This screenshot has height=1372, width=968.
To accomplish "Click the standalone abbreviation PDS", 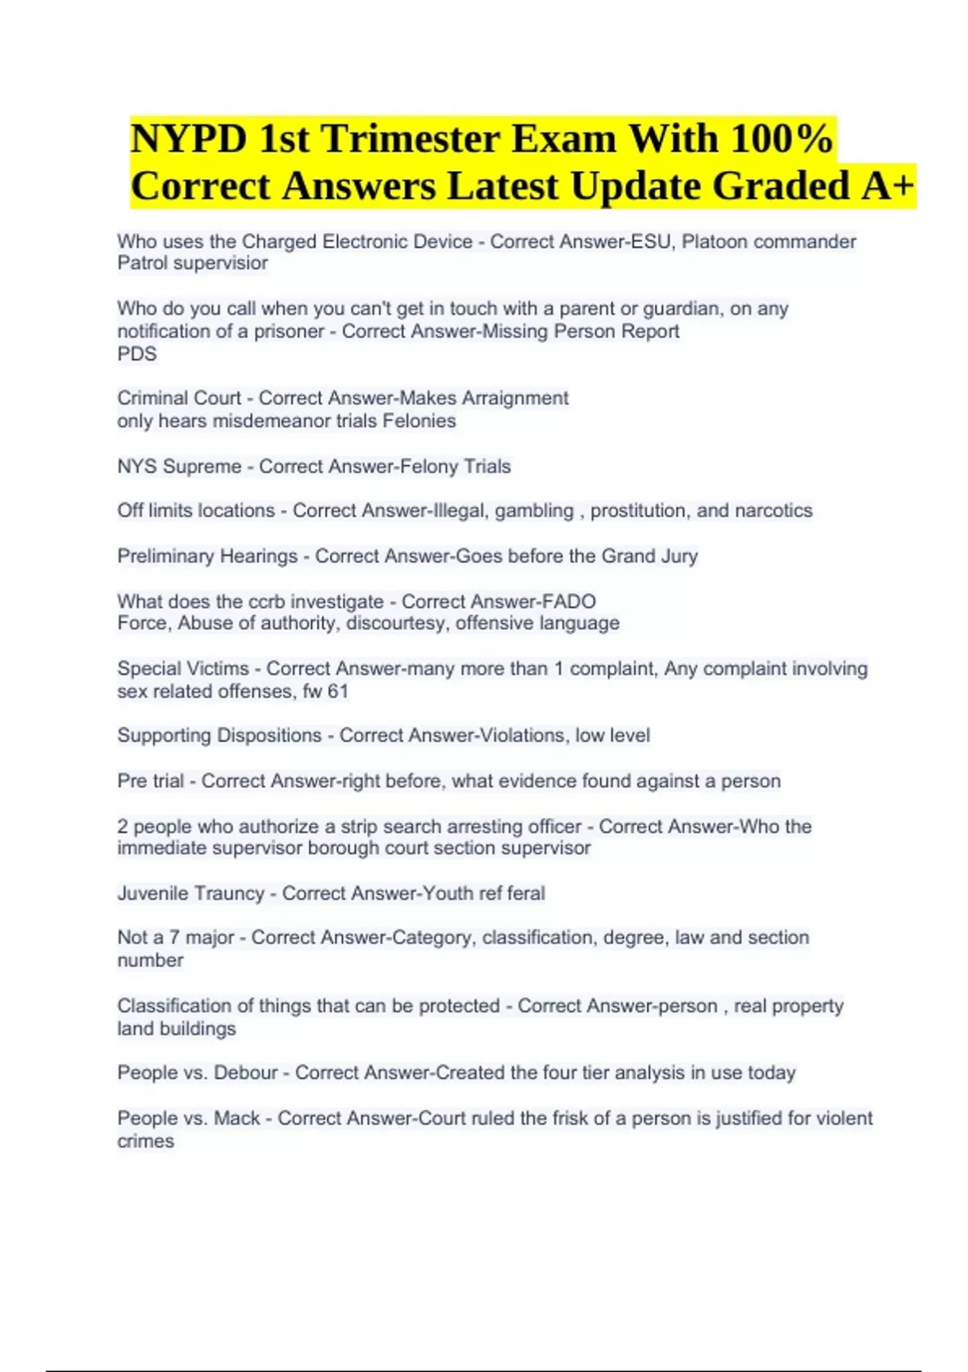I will [x=137, y=353].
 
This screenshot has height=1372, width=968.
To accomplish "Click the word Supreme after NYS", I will [x=202, y=466].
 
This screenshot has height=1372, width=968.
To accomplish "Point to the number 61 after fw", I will [x=338, y=691].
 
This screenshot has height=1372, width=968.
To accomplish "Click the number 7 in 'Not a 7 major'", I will [x=174, y=938].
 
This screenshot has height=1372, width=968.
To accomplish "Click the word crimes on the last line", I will [x=145, y=1141].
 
